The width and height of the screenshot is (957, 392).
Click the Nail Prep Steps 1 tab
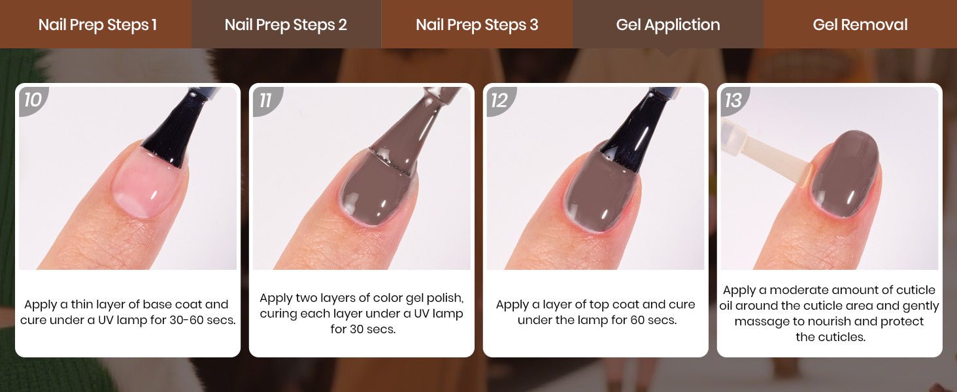pos(95,24)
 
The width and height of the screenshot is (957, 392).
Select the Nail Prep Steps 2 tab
pos(286,24)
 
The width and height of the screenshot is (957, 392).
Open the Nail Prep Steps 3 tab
pos(477,24)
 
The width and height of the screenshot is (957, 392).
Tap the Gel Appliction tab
pos(668,24)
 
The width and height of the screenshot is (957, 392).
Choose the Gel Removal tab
pos(860,24)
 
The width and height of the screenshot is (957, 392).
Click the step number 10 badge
pos(33,101)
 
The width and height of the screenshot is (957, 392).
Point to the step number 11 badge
pos(267,101)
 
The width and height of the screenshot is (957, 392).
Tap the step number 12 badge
pos(500,101)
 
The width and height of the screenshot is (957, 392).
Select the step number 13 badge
pos(734,101)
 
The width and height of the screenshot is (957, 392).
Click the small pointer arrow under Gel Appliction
pos(668,52)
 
